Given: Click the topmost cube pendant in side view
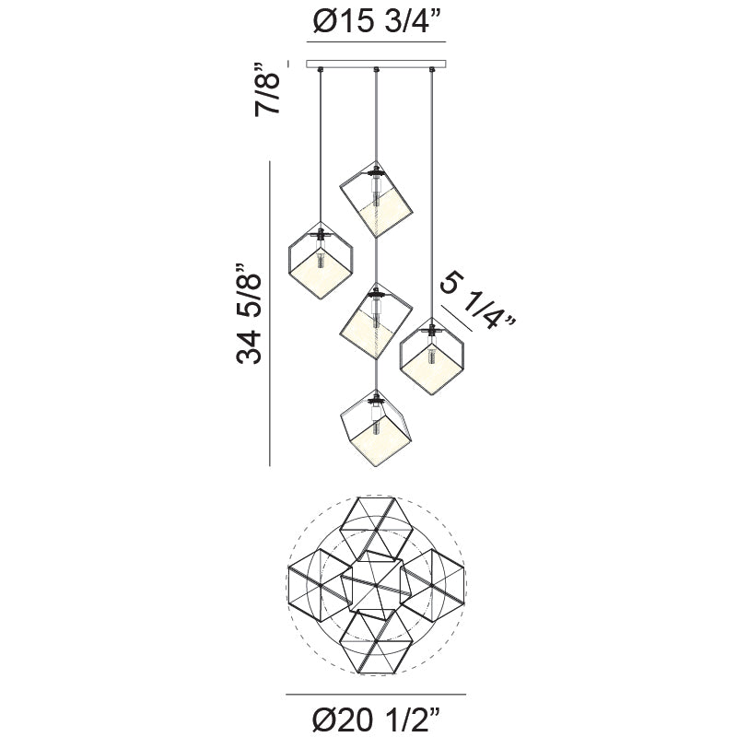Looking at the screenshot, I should [x=377, y=194].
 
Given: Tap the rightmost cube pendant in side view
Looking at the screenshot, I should [x=432, y=356].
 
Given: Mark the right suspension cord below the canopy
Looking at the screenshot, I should [x=432, y=184].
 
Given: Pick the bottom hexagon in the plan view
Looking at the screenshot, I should [x=376, y=641].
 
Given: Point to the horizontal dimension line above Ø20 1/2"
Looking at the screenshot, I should [x=376, y=694].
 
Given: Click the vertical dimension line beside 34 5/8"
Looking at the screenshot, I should [x=269, y=313].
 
